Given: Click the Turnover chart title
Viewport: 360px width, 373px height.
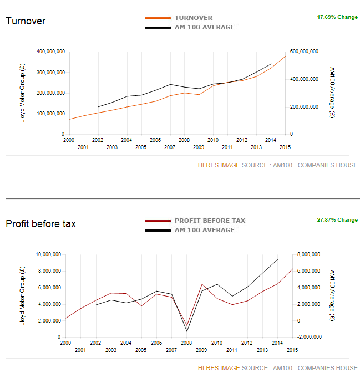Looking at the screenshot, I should (x=26, y=21).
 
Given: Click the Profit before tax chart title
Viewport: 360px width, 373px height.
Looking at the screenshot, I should (x=40, y=224).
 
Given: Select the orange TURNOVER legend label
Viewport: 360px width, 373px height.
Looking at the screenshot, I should (x=193, y=18).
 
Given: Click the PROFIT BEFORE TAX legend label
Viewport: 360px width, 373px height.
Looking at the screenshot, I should (x=210, y=221).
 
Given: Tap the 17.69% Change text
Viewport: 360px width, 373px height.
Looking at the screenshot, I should (x=337, y=17).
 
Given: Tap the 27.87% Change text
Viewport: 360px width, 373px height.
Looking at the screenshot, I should (x=337, y=220).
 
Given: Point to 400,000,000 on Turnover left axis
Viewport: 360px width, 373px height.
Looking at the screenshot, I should (x=50, y=52).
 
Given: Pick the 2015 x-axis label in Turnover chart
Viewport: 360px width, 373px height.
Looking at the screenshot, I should (x=285, y=147).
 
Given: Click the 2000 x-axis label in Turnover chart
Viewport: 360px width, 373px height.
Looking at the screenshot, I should (x=69, y=140).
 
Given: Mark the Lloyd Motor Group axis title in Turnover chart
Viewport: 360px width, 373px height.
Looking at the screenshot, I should (x=22, y=93).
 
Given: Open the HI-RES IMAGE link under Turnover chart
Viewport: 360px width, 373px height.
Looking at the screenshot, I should (x=219, y=165).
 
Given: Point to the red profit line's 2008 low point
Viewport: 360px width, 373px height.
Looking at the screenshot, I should (x=187, y=325).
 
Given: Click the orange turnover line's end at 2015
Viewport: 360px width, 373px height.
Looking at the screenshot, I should (x=286, y=56).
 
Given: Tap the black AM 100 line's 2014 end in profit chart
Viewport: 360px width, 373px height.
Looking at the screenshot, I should (x=277, y=259).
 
